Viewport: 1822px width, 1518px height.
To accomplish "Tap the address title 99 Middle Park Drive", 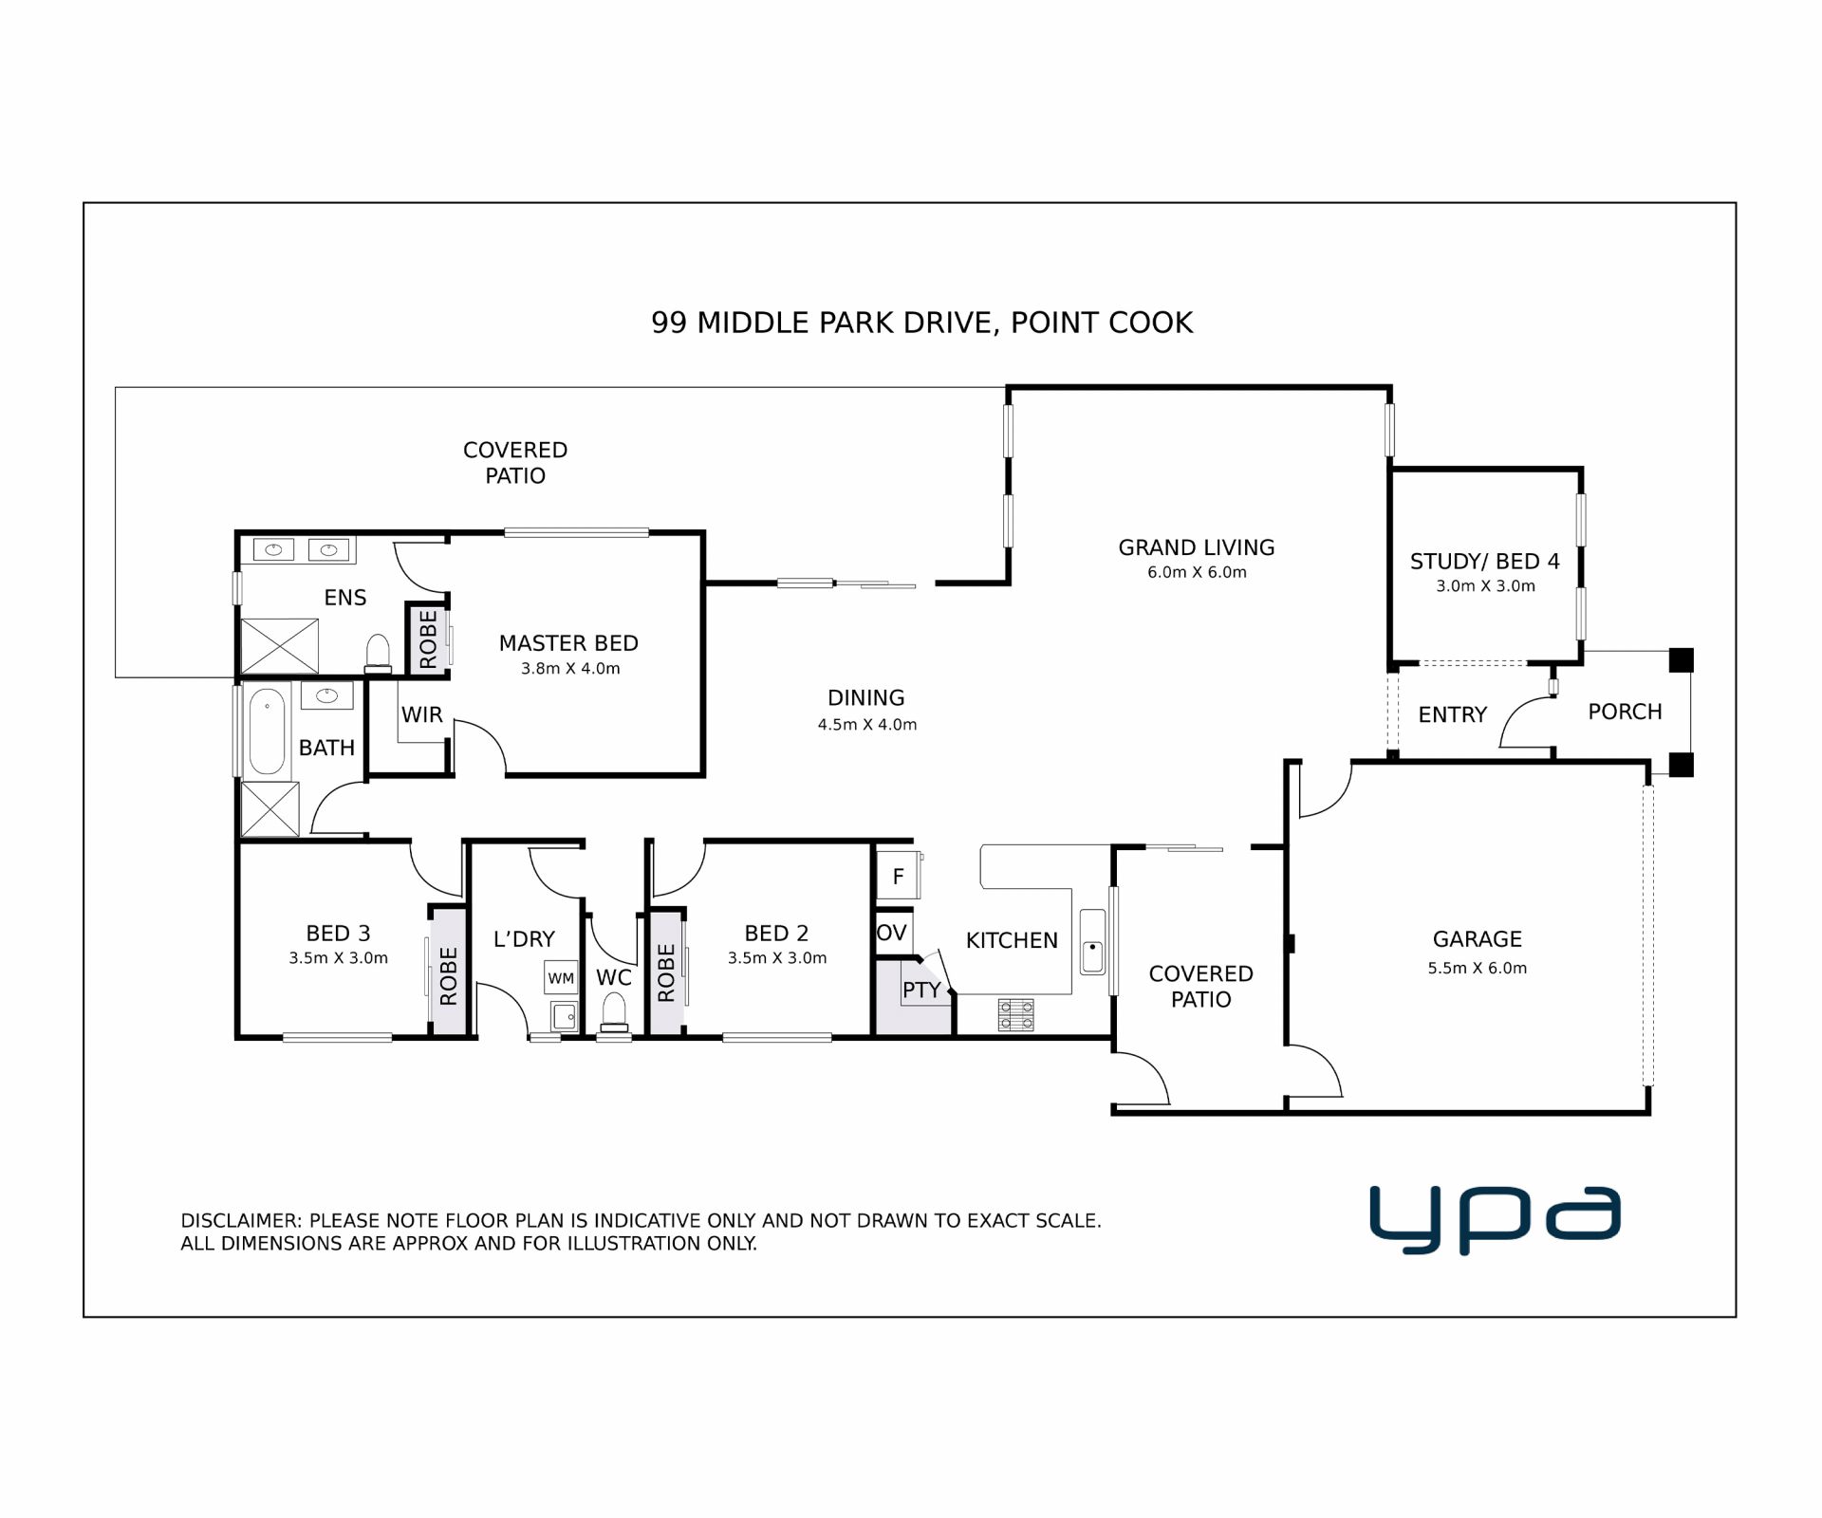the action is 824,324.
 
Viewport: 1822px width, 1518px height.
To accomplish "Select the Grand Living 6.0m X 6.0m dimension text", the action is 1197,572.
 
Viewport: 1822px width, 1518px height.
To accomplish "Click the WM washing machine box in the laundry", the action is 561,977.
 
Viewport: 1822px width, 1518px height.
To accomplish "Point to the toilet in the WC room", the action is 614,1011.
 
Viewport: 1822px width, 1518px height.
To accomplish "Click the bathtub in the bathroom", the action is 267,731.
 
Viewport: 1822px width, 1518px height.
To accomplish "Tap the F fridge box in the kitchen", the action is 898,876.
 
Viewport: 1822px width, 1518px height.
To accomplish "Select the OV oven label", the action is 892,933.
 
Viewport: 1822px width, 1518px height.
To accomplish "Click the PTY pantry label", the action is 921,990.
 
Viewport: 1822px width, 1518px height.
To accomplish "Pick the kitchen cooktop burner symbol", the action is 1015,1014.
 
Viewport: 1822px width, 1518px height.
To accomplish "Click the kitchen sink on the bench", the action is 1092,941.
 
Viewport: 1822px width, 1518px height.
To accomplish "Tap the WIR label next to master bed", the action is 421,714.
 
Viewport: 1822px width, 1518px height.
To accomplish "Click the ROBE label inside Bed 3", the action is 449,975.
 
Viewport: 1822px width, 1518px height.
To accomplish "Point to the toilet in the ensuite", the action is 378,654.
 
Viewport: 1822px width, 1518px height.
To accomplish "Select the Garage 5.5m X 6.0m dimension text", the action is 1478,968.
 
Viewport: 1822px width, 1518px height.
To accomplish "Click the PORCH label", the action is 1625,712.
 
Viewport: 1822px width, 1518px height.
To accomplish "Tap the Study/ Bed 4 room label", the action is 1485,562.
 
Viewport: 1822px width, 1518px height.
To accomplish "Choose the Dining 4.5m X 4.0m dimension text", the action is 867,725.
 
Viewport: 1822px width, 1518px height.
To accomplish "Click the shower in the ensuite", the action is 279,646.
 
